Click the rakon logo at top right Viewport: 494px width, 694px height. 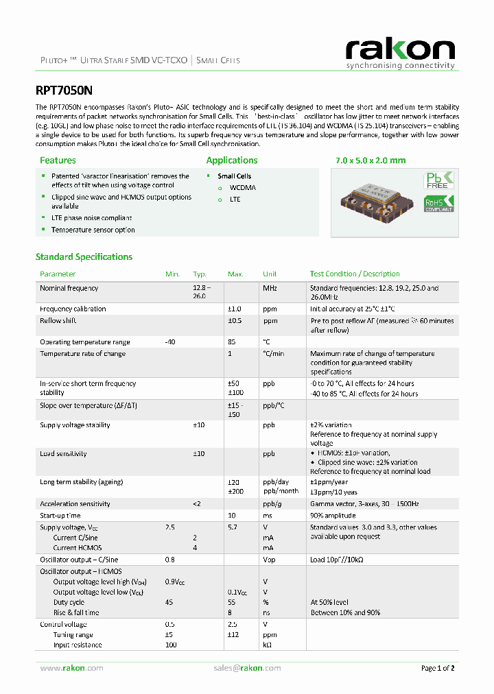(400, 53)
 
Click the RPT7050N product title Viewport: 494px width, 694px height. (64, 90)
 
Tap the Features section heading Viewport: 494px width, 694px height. (58, 160)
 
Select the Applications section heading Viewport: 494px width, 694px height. (232, 160)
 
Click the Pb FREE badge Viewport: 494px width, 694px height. (439, 180)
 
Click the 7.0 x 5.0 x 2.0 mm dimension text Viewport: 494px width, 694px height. (370, 160)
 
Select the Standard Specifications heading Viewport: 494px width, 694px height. (84, 257)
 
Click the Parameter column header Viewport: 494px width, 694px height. (58, 274)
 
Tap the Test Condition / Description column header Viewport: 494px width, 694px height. (355, 274)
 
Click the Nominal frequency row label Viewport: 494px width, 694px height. (69, 288)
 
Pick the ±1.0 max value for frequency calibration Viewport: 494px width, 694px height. (235, 309)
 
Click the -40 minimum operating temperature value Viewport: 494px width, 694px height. (171, 342)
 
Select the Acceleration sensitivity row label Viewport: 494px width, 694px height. (75, 504)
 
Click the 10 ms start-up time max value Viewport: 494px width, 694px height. (231, 515)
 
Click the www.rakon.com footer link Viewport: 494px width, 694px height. (71, 668)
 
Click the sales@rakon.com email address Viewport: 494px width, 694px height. (246, 668)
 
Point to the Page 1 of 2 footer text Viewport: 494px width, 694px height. (437, 668)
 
